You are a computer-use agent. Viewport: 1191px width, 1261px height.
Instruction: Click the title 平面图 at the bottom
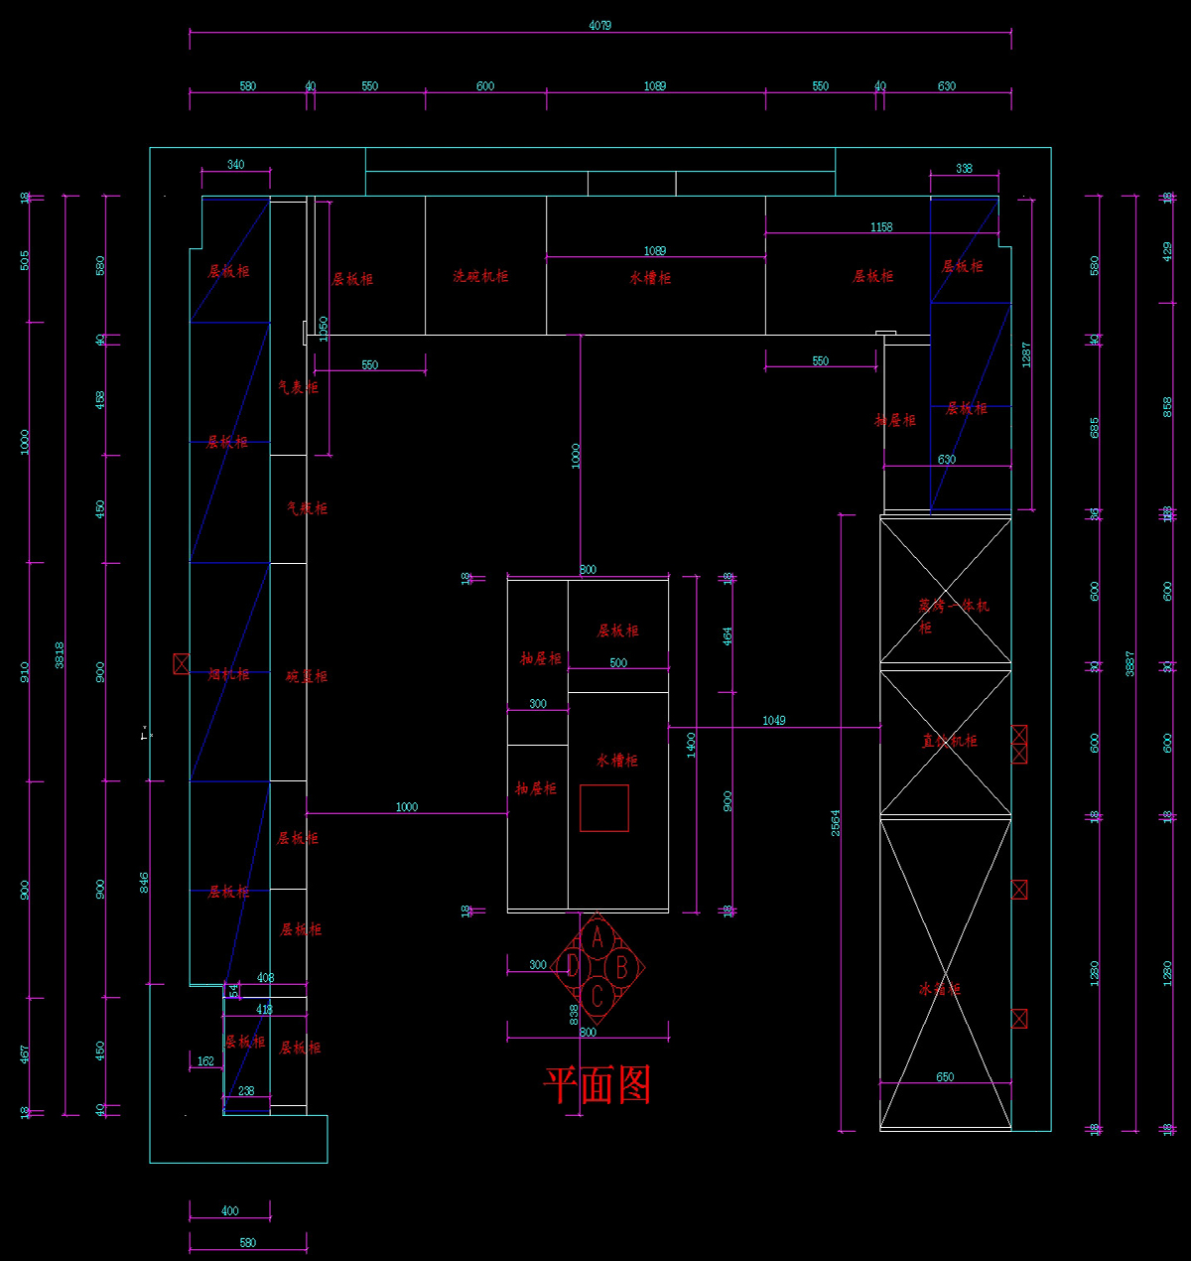(x=597, y=1084)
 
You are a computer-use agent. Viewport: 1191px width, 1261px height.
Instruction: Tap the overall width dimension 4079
(x=599, y=26)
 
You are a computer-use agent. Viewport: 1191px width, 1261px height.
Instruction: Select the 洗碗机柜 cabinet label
(x=480, y=276)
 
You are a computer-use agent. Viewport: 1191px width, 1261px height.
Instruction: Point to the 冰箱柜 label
(x=939, y=989)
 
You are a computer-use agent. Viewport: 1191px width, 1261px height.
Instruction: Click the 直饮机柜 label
(x=950, y=741)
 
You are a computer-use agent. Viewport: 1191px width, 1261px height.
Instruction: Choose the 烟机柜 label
(x=228, y=674)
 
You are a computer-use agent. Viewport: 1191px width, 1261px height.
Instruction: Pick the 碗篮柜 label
(x=307, y=676)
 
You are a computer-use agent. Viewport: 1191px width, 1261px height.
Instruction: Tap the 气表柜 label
(x=298, y=387)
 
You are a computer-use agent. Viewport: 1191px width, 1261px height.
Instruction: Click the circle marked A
(x=597, y=936)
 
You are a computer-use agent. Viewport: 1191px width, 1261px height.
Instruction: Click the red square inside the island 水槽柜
(x=603, y=807)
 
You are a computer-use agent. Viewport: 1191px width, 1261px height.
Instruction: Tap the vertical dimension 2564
(x=836, y=822)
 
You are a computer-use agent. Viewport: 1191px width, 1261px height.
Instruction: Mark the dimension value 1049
(x=774, y=720)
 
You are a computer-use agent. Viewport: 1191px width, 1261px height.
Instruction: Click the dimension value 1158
(x=881, y=227)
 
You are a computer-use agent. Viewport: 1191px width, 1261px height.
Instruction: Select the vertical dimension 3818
(x=60, y=654)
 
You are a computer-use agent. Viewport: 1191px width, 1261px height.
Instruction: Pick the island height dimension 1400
(x=691, y=745)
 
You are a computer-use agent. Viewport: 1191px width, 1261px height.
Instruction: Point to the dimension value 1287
(x=1026, y=354)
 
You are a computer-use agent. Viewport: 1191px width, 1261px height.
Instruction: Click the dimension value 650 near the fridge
(x=945, y=1077)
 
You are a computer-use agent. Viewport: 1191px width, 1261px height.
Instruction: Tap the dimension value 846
(x=144, y=883)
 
